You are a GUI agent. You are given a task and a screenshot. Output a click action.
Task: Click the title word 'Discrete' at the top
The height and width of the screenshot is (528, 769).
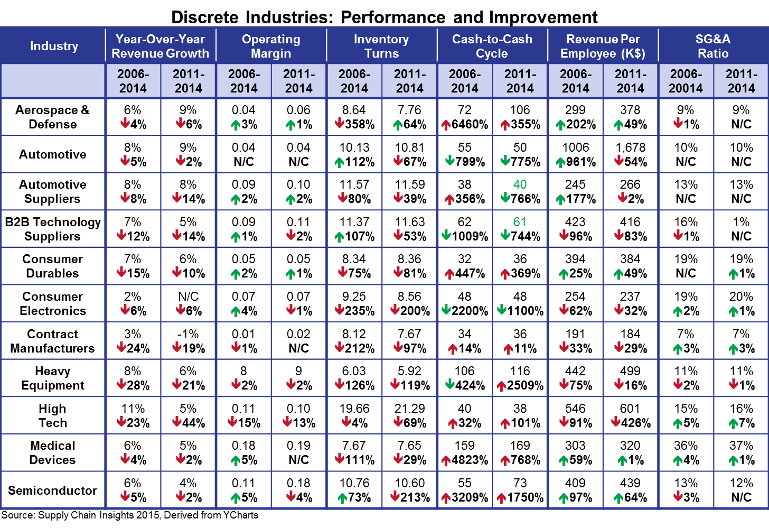tap(204, 17)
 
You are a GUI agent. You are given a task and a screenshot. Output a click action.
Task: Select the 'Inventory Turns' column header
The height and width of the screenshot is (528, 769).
tap(381, 46)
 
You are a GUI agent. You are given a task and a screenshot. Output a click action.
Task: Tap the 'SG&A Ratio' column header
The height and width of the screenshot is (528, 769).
tap(713, 46)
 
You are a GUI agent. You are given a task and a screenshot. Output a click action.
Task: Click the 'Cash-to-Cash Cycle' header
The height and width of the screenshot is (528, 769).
tap(492, 46)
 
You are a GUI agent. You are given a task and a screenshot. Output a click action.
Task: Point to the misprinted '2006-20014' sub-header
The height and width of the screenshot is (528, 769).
tap(686, 81)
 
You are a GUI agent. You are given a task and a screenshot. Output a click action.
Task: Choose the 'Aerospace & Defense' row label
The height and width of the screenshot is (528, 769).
tap(52, 117)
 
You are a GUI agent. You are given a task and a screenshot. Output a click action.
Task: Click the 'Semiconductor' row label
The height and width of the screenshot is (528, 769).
tap(52, 490)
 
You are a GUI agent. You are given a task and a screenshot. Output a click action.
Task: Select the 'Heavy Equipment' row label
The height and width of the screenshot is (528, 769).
tap(52, 378)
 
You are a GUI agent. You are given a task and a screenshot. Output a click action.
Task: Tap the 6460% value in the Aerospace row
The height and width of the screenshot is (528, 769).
tap(470, 125)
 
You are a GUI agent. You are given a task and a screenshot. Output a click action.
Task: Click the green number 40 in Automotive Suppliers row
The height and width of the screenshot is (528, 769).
tap(520, 184)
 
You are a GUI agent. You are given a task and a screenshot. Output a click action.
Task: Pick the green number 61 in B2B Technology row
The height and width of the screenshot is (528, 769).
tap(520, 222)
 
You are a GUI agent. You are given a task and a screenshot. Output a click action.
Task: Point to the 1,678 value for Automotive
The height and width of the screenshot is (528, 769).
tap(630, 147)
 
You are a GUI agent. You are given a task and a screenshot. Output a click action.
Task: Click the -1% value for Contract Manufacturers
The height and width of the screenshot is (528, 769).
tap(188, 334)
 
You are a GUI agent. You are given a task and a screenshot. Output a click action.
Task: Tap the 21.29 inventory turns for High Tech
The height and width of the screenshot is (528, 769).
tap(409, 409)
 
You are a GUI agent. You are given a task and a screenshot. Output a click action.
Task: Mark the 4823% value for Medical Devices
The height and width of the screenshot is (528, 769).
tap(470, 460)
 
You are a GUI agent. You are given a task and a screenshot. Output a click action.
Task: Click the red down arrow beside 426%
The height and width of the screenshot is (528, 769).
tap(615, 422)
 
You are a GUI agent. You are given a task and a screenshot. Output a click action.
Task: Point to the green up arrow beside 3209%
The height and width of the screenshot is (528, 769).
tap(445, 498)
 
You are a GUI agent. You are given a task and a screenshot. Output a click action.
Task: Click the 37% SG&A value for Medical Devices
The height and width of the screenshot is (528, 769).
tap(741, 446)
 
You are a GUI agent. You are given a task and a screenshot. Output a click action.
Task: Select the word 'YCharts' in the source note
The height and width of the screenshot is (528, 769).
tap(240, 515)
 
